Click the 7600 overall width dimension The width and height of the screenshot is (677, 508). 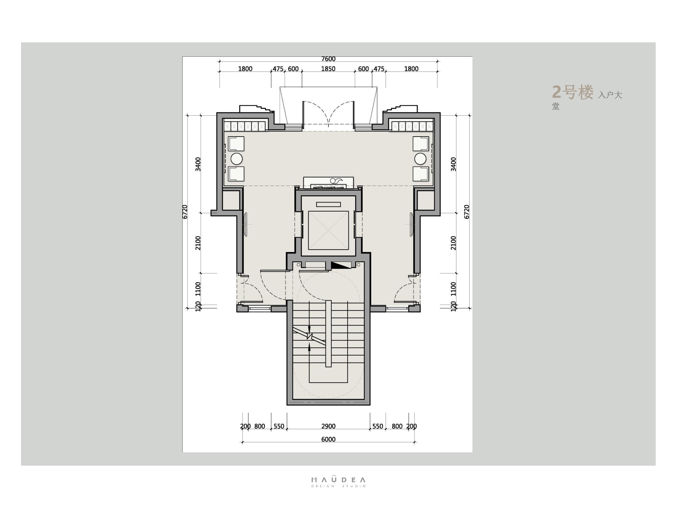point(328,59)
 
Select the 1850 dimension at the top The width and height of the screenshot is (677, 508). point(328,69)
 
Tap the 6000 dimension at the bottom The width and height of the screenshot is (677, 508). point(328,439)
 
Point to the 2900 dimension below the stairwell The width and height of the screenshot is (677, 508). point(328,426)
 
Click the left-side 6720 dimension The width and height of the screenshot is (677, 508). point(185,212)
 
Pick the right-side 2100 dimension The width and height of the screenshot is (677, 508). point(453,243)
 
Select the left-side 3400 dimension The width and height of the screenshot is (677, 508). point(198,164)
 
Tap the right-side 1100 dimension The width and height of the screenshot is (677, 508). point(453,289)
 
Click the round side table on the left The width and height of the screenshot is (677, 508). point(236,159)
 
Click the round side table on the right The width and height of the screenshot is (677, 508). point(420,159)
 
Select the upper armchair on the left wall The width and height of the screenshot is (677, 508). point(236,144)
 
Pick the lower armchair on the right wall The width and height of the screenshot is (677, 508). point(421,174)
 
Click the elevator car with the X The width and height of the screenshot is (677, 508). point(328,230)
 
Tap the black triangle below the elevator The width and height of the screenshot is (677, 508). point(340,265)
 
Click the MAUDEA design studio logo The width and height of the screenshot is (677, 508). point(338,482)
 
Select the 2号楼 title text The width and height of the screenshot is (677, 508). point(572,92)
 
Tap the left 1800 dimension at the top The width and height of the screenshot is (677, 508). point(245,69)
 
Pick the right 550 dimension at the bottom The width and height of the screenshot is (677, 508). point(377,426)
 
